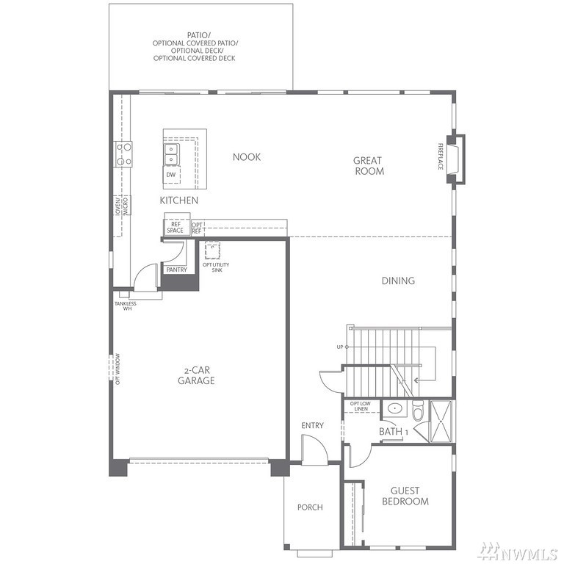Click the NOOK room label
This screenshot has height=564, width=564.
(247, 157)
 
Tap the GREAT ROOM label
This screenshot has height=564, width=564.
(369, 165)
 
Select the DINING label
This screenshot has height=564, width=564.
(398, 281)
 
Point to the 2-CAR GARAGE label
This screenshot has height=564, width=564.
(196, 375)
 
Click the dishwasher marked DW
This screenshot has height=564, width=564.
(171, 175)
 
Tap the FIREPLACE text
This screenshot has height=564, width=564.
(441, 156)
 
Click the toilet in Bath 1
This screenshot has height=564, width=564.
(419, 411)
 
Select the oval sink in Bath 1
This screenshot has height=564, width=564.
(394, 408)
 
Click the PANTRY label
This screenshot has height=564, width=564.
(176, 270)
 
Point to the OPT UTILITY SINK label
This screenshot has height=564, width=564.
(216, 267)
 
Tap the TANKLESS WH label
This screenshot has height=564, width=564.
(126, 306)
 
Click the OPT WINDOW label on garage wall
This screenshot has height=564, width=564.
(117, 369)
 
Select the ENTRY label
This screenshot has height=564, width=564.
(313, 425)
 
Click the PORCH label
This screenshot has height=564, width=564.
(310, 507)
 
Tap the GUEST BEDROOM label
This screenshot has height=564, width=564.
(405, 496)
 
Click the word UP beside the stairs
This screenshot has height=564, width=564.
(340, 347)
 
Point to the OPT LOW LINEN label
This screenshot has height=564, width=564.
(361, 406)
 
